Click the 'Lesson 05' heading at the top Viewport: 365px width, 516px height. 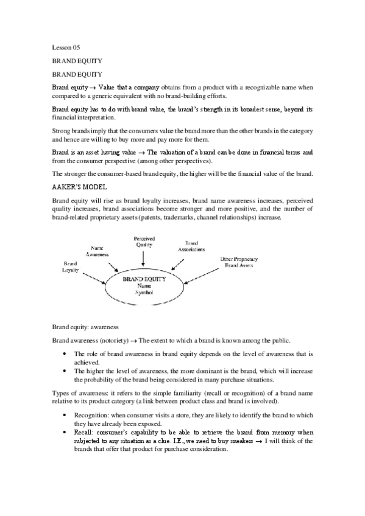pos(66,47)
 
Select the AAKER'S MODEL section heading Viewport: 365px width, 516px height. pos(75,189)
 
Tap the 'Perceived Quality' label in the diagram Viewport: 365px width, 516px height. pos(144,240)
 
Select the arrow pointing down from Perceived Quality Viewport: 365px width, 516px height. pos(144,258)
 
